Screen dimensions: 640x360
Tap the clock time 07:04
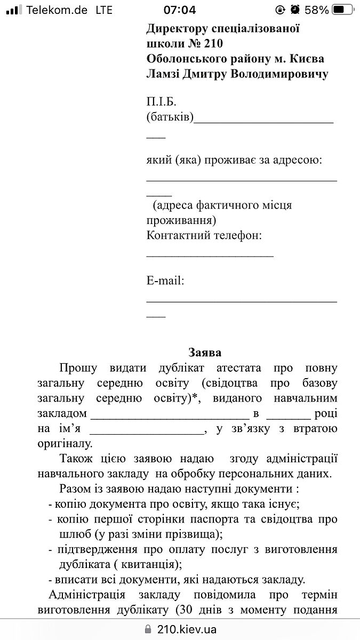180,10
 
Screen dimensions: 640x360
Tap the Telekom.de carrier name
57,10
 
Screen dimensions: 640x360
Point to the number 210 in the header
212,43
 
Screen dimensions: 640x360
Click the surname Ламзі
163,74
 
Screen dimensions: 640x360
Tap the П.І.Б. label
161,102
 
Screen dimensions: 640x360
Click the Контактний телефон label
204,235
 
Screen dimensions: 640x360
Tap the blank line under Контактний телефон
210,256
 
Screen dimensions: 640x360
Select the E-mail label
165,281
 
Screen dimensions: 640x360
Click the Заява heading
205,352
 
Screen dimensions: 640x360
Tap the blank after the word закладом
170,415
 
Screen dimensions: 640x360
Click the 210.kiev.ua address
186,629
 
